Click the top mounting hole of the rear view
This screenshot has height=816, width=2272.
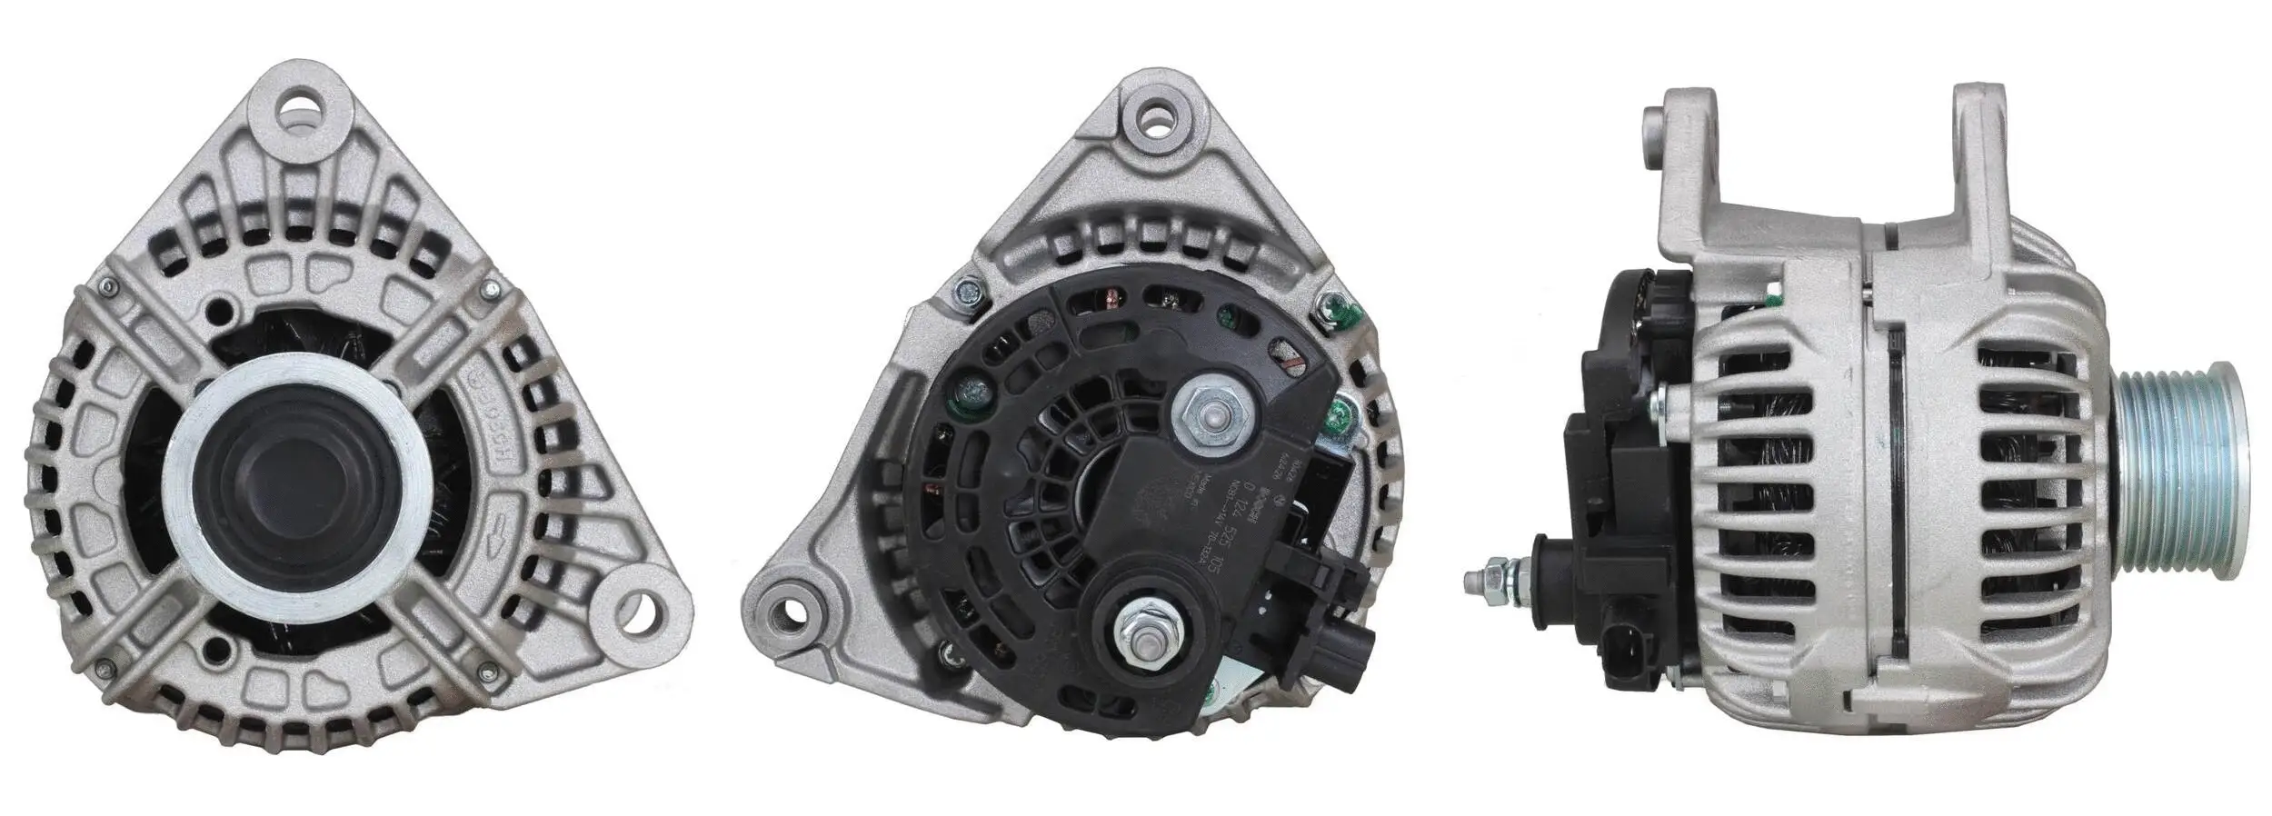(x=1157, y=120)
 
